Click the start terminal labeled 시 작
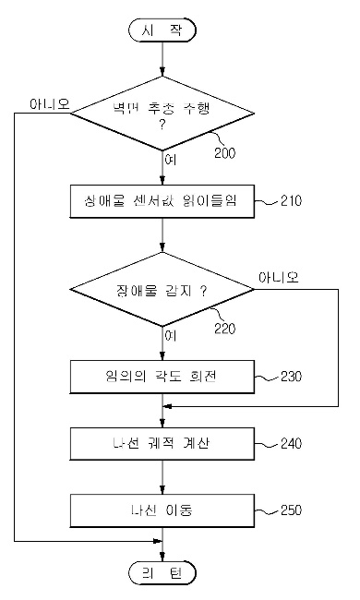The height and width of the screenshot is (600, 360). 162,30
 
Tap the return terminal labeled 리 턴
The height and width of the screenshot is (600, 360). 162,573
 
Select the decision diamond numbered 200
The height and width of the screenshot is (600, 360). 162,114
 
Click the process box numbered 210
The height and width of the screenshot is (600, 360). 162,199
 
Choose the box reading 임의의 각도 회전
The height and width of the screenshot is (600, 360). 162,378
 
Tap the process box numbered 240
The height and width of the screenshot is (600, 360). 162,444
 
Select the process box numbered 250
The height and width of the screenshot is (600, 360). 162,509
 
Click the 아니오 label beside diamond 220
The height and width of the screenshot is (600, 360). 282,275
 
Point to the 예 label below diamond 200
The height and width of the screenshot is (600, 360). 169,160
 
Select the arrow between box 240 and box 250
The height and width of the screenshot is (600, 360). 162,476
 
